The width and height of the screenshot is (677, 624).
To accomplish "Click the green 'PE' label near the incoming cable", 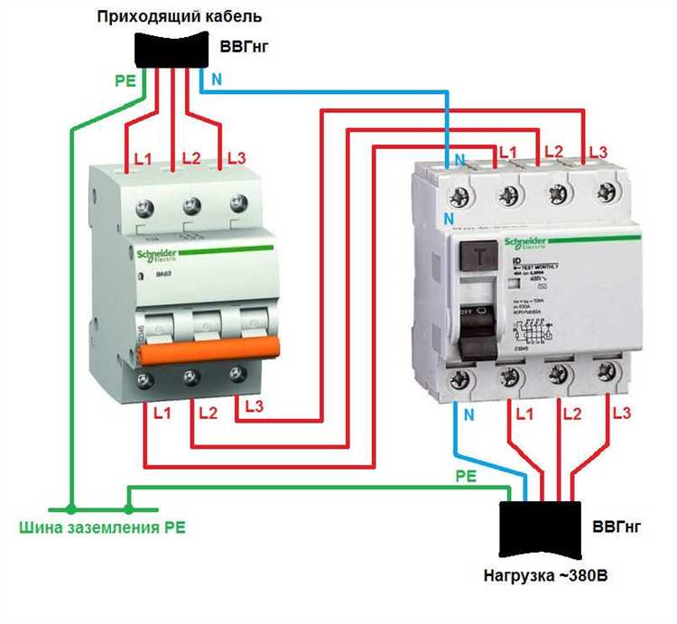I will [x=125, y=79].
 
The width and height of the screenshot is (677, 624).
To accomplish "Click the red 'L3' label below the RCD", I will [x=620, y=414].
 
